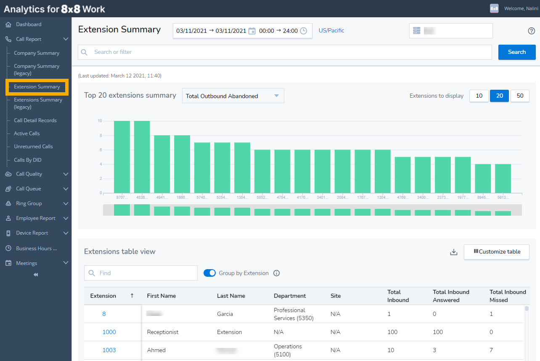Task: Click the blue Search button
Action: (x=516, y=52)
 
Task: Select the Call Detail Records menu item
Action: (x=35, y=120)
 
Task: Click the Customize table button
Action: (x=497, y=251)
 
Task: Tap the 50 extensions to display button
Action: (x=520, y=96)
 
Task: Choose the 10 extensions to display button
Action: (x=479, y=96)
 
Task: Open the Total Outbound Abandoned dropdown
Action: (x=233, y=96)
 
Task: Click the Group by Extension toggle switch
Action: (x=209, y=273)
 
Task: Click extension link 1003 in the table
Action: (x=109, y=350)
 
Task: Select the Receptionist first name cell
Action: (x=163, y=332)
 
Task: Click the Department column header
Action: (x=290, y=296)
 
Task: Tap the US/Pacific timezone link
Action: (x=331, y=31)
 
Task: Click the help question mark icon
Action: (x=531, y=31)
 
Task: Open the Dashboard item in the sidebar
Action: (x=29, y=24)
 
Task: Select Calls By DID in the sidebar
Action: (x=28, y=160)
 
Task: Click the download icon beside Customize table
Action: (x=453, y=252)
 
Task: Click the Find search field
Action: (x=141, y=273)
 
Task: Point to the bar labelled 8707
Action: (x=122, y=157)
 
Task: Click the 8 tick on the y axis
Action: (x=100, y=135)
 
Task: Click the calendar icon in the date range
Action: (x=252, y=31)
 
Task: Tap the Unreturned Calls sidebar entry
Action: (x=33, y=147)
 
